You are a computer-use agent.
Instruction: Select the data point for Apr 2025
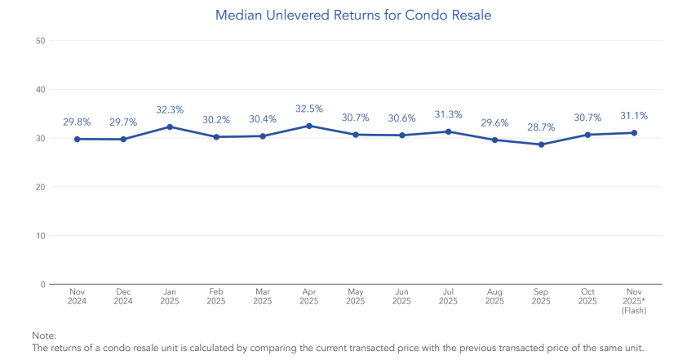[309, 126]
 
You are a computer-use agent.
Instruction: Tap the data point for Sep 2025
[541, 144]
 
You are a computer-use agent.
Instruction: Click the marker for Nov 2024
[78, 139]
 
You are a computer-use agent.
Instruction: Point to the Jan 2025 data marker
[170, 127]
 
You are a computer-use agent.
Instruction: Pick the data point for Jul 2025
[448, 131]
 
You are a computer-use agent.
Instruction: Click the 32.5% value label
[309, 108]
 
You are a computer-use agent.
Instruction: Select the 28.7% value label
[541, 127]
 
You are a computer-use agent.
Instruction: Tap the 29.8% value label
[78, 122]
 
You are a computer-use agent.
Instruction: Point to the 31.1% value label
[633, 115]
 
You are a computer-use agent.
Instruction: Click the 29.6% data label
[494, 122]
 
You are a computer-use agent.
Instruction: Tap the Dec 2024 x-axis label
[123, 296]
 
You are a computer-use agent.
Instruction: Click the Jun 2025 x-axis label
[401, 296]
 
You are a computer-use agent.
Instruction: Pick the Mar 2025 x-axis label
[263, 296]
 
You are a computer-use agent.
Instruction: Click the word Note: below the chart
[43, 336]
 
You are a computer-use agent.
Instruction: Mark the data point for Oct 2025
[587, 135]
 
